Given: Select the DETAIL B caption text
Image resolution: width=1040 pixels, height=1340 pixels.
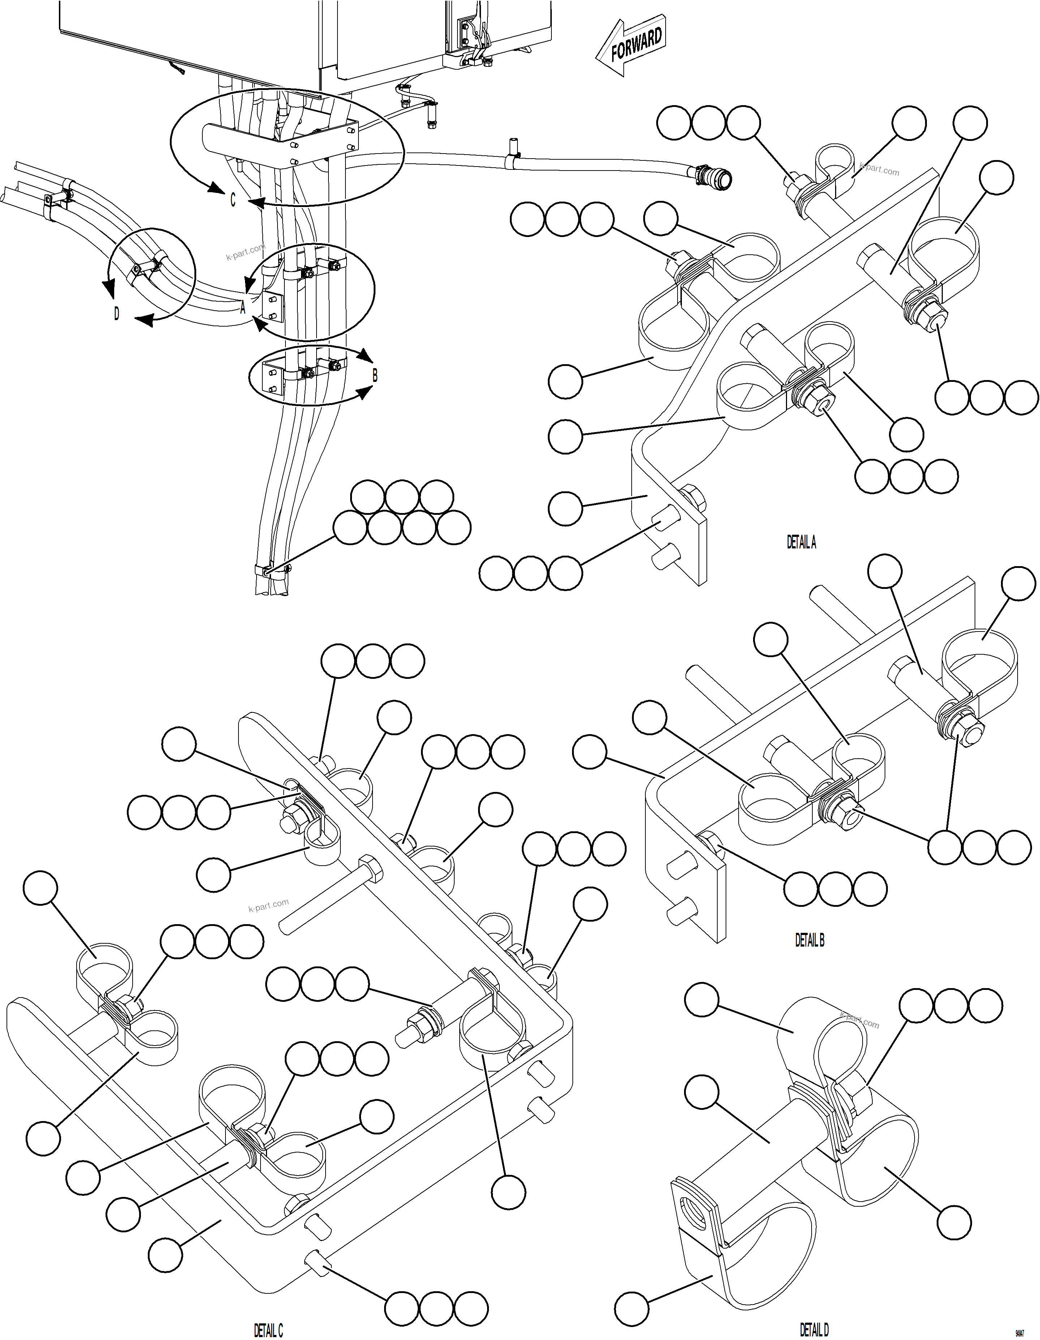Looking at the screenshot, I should pos(809,940).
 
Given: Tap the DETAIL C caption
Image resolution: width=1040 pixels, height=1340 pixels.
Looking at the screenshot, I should pos(268,1326).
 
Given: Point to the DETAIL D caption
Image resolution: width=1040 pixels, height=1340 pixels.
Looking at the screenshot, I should pos(814,1325).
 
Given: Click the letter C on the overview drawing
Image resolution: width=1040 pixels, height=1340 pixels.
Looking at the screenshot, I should pos(233,200).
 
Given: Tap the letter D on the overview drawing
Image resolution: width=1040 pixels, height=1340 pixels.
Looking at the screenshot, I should pos(117,314).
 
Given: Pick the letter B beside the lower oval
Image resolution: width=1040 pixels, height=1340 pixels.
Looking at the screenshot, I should pos(375,375).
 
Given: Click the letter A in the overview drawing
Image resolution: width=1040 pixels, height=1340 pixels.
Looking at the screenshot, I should pos(243,309).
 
